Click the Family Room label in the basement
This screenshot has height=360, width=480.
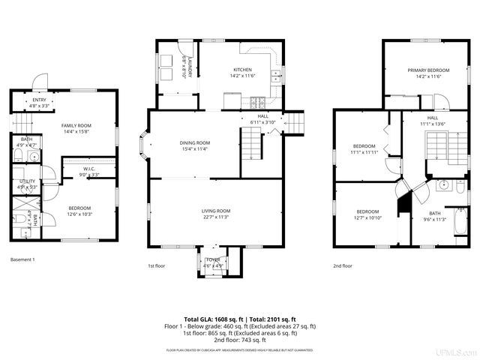click(x=76, y=125)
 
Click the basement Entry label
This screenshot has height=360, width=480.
click(x=39, y=101)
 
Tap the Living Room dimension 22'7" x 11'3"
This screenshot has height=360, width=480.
click(x=215, y=217)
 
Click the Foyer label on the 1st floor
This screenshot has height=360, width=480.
click(x=214, y=260)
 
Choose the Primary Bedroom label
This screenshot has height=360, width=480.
click(x=424, y=70)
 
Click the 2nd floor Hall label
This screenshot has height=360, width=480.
click(x=433, y=118)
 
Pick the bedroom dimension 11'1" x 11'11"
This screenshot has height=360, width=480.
click(x=364, y=152)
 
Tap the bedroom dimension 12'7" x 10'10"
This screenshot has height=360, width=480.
click(x=367, y=217)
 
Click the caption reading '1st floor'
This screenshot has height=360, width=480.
click(x=157, y=265)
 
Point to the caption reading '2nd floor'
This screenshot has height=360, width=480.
click(x=343, y=265)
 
